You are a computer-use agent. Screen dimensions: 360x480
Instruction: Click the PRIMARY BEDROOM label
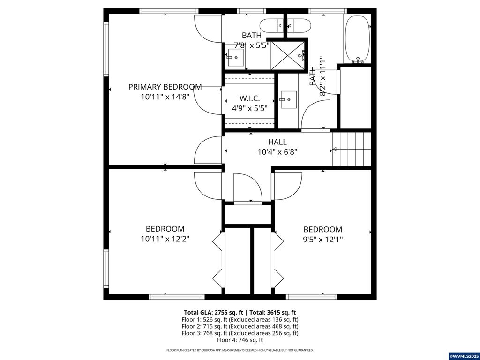pyautogui.click(x=165, y=87)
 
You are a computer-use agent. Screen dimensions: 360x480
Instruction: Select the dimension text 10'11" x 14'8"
pyautogui.click(x=165, y=97)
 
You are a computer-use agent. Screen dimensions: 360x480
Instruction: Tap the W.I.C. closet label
pyautogui.click(x=249, y=98)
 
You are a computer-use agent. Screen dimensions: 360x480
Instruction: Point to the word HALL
pyautogui.click(x=277, y=142)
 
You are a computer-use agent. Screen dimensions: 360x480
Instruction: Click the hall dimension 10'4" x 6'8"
pyautogui.click(x=277, y=152)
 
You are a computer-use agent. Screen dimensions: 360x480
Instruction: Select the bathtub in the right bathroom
pyautogui.click(x=358, y=38)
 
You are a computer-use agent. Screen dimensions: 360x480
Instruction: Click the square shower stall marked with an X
pyautogui.click(x=287, y=54)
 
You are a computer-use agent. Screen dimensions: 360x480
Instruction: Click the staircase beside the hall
pyautogui.click(x=352, y=149)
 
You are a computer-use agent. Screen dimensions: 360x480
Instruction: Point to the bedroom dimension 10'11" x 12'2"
pyautogui.click(x=165, y=239)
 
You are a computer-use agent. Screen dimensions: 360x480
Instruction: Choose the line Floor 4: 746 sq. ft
pyautogui.click(x=240, y=340)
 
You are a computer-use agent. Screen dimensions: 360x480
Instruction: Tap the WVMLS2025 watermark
pyautogui.click(x=464, y=356)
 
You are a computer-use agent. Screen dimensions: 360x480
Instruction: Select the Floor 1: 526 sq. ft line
pyautogui.click(x=240, y=319)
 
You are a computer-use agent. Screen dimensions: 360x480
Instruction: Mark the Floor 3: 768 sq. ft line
pyautogui.click(x=240, y=333)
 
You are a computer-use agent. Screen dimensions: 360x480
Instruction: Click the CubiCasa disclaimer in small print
pyautogui.click(x=240, y=350)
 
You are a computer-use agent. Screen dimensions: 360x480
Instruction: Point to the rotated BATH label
pyautogui.click(x=313, y=75)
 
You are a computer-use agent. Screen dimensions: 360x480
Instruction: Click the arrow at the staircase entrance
pyautogui.click(x=334, y=150)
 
